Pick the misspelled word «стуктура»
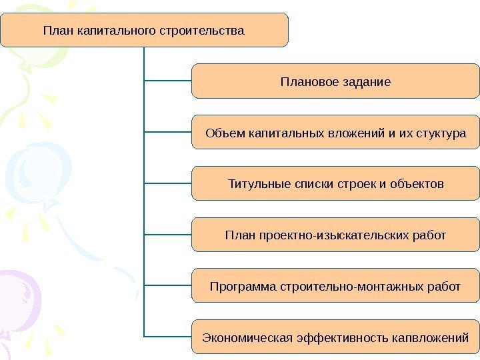[441, 133]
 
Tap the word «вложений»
[355, 133]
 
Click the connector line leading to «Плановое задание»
[167, 81]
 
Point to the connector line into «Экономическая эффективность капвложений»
[167, 336]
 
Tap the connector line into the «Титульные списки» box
[167, 183]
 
